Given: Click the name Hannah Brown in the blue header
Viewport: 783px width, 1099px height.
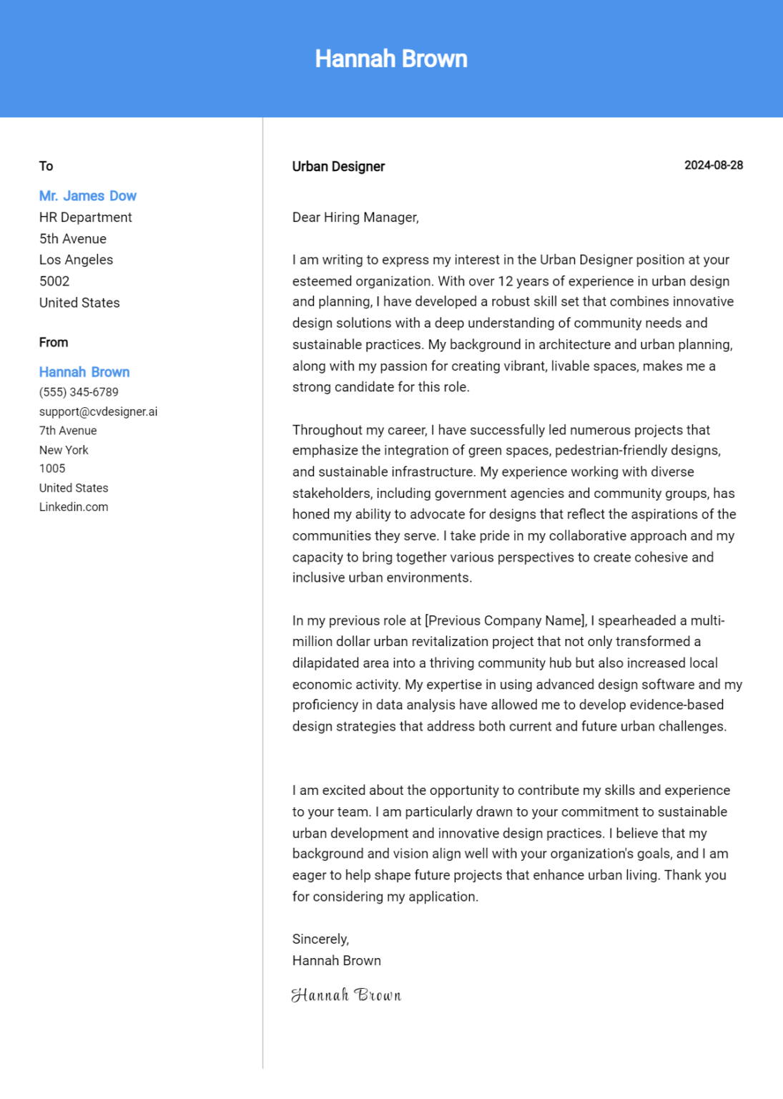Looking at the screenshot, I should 391,59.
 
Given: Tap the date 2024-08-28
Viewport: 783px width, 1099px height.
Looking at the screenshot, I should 713,165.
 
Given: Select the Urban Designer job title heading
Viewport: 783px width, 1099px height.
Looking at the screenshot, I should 338,167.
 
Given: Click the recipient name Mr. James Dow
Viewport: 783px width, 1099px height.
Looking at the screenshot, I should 87,196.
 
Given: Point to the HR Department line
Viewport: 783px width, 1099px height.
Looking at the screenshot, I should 85,218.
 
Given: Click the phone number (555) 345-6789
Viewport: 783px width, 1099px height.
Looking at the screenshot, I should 79,392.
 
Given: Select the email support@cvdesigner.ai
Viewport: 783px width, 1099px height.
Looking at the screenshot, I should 98,411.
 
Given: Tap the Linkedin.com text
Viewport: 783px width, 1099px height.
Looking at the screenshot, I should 74,507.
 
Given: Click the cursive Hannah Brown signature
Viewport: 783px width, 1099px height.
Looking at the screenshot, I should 346,995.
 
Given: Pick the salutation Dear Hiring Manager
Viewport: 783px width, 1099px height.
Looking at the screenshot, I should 355,218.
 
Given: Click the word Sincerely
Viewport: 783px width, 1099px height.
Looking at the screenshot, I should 320,939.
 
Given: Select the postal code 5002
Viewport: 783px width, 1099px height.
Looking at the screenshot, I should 54,281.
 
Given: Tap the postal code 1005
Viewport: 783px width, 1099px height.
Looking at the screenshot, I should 52,469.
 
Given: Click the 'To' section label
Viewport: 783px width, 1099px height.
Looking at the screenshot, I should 46,166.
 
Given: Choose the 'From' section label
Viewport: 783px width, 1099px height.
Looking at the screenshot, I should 54,342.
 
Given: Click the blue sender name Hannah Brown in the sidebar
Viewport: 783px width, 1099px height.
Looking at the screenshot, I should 84,372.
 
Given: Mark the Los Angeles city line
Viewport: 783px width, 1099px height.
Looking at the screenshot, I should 76,260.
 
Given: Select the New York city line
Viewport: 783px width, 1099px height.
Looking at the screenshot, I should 64,450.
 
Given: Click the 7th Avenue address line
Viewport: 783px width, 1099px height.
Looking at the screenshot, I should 68,431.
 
